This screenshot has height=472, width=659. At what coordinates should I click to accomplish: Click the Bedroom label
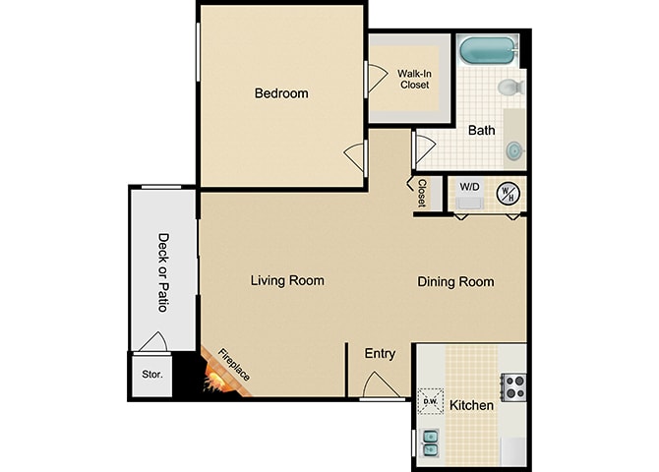pyautogui.click(x=281, y=92)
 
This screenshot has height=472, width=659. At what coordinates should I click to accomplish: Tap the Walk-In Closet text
pyautogui.click(x=414, y=79)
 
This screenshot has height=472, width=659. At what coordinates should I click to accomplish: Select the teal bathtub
pyautogui.click(x=488, y=51)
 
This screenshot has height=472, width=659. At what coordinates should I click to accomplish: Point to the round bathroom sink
pyautogui.click(x=514, y=150)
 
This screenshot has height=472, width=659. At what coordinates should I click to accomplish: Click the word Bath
pyautogui.click(x=481, y=131)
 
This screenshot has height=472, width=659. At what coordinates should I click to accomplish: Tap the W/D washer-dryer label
pyautogui.click(x=469, y=187)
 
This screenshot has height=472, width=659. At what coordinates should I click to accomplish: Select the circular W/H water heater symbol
pyautogui.click(x=509, y=194)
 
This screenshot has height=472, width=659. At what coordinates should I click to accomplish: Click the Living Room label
pyautogui.click(x=287, y=280)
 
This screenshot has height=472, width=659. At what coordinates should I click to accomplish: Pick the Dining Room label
pyautogui.click(x=455, y=281)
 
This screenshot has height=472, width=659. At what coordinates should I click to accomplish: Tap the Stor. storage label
pyautogui.click(x=151, y=374)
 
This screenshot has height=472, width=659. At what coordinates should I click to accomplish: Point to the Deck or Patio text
pyautogui.click(x=163, y=272)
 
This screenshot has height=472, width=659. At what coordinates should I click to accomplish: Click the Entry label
pyautogui.click(x=380, y=354)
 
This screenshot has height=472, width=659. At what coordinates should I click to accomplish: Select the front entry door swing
pyautogui.click(x=381, y=384)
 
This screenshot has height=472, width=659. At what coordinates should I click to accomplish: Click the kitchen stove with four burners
pyautogui.click(x=513, y=386)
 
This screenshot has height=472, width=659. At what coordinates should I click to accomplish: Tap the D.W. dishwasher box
pyautogui.click(x=431, y=401)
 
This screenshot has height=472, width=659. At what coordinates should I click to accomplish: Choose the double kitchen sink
pyautogui.click(x=431, y=443)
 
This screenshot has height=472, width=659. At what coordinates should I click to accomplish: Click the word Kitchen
pyautogui.click(x=471, y=405)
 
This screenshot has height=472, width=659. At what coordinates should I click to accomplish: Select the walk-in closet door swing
pyautogui.click(x=377, y=79)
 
